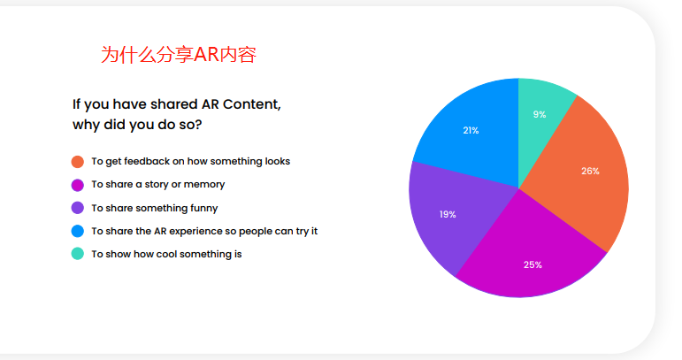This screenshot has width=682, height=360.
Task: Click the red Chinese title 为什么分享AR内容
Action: click(179, 55)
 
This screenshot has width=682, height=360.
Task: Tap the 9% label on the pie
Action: click(540, 114)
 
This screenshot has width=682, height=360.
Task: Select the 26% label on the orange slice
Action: click(590, 172)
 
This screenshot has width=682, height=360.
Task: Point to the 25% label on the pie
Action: click(533, 264)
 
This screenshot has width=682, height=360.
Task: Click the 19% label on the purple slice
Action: click(448, 214)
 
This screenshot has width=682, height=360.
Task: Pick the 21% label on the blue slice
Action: click(471, 130)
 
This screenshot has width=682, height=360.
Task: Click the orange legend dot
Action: click(78, 162)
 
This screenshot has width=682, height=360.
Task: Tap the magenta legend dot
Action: click(78, 185)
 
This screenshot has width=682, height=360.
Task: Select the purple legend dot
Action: click(78, 208)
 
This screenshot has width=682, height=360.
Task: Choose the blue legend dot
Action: click(78, 231)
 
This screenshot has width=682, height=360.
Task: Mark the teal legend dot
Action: click(78, 254)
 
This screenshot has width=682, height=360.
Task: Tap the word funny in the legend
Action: click(204, 208)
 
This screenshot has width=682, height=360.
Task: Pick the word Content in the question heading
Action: click(252, 104)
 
